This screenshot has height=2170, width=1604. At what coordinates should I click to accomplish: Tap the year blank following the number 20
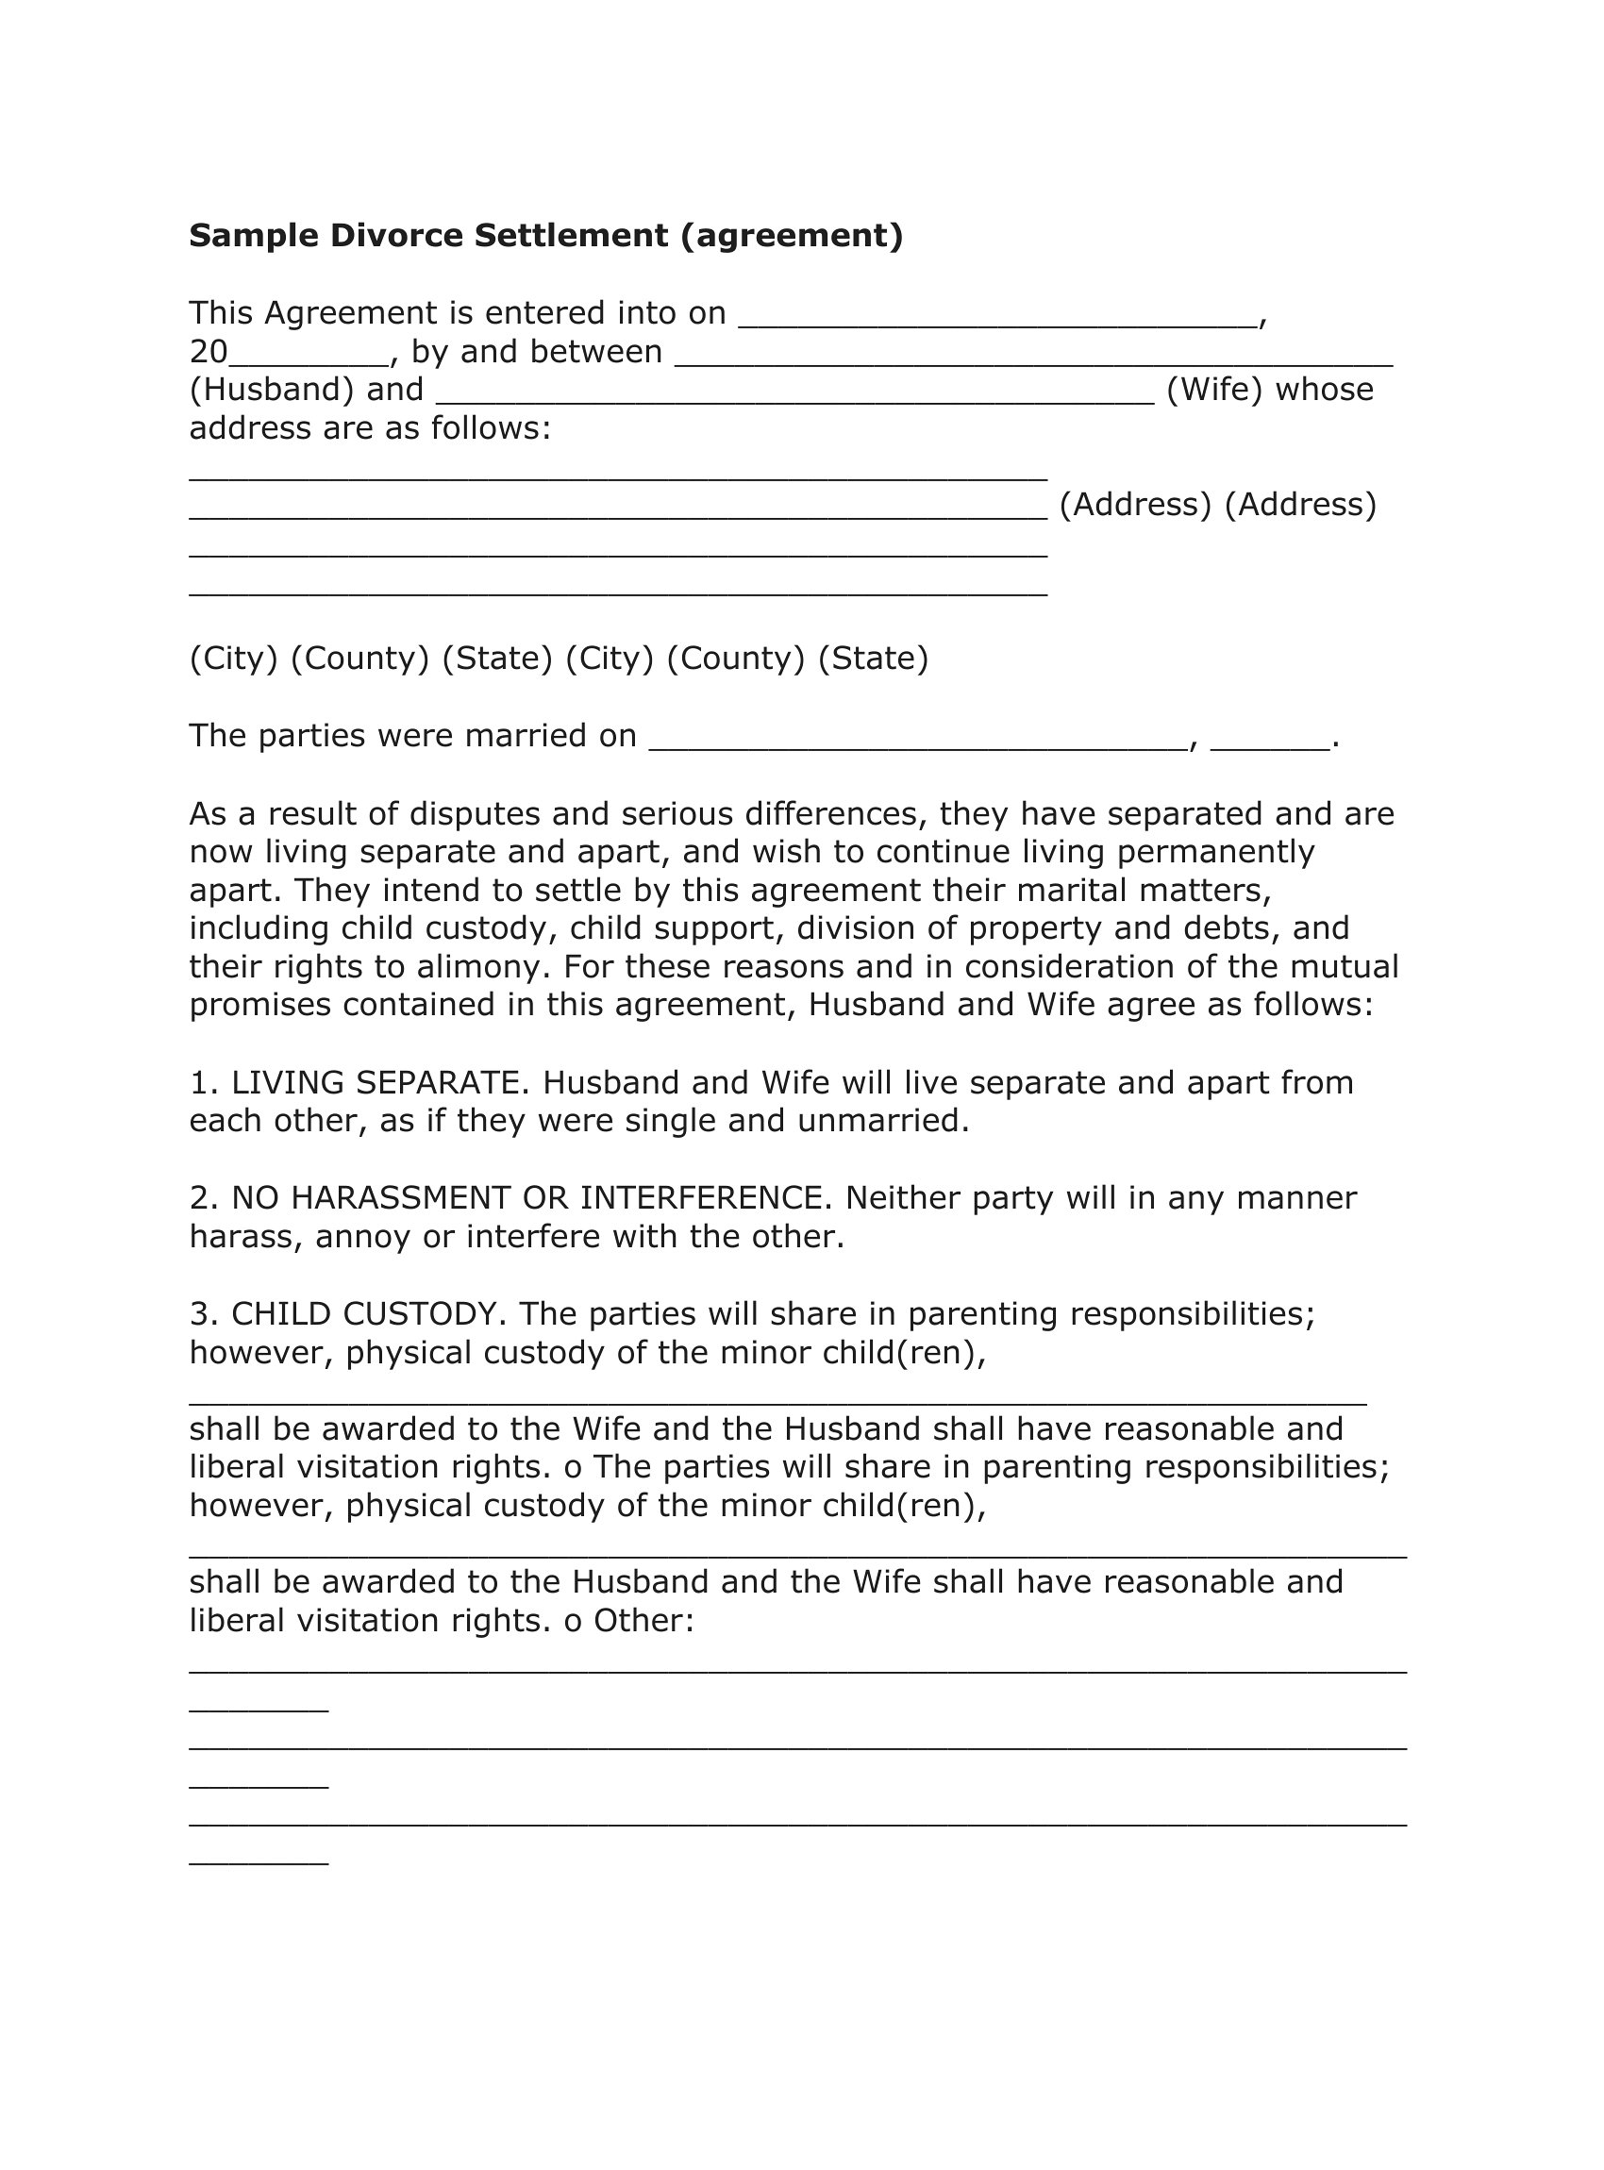coord(308,359)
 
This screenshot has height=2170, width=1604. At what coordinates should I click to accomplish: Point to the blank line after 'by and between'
coord(1033,359)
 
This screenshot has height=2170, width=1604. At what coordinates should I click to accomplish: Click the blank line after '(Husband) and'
coord(795,397)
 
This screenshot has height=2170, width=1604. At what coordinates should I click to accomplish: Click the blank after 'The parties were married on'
coord(917,744)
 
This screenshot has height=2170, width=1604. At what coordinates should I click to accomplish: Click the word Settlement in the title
coord(571,236)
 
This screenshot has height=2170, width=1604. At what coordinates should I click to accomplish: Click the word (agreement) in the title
coord(792,236)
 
